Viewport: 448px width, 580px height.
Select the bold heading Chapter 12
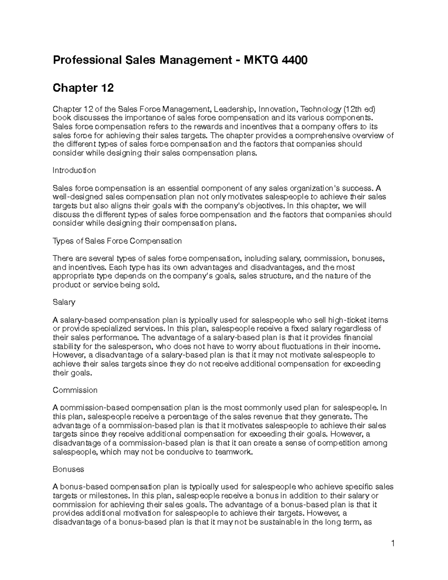coord(83,88)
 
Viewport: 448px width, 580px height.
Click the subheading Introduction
coord(74,170)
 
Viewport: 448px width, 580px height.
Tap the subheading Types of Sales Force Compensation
coord(117,241)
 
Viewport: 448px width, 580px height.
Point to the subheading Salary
coord(64,302)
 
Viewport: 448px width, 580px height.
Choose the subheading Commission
coord(75,390)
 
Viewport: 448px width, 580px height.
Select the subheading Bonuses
coord(68,469)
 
